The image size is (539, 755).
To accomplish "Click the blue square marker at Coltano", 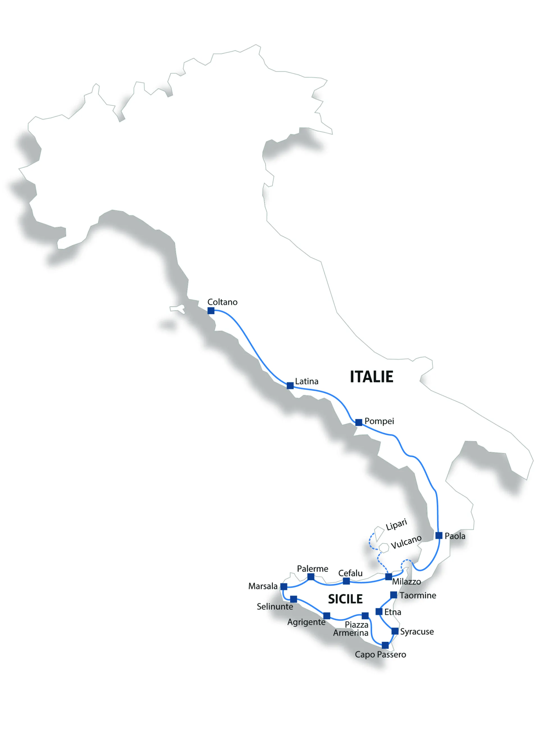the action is [x=211, y=310].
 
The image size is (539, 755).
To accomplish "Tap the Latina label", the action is [x=306, y=381].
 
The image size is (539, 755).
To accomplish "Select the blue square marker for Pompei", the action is [x=358, y=422].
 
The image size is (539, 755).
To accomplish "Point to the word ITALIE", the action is [x=371, y=377].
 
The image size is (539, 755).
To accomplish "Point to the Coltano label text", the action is [x=222, y=302].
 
